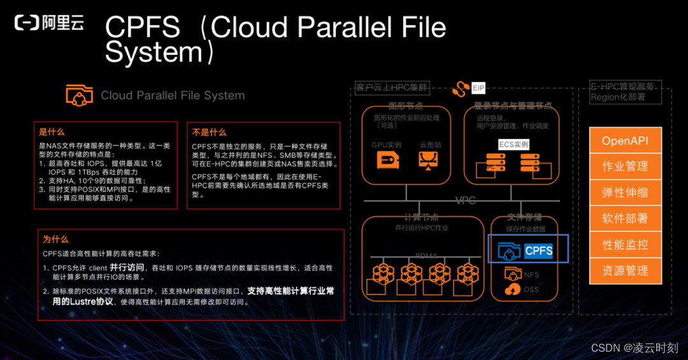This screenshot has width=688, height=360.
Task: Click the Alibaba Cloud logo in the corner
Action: coord(49,24)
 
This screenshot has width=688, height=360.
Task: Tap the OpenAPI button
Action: coord(625,140)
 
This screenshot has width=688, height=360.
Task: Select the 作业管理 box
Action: coord(625,166)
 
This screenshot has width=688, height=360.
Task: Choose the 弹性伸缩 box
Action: coord(625,192)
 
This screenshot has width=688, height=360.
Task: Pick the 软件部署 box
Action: coord(625,219)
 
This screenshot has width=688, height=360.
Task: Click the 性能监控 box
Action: coord(625,245)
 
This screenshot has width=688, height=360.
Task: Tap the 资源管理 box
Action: coord(625,271)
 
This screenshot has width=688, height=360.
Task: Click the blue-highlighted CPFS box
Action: coord(528,250)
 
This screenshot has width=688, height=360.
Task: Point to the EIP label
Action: coord(478,88)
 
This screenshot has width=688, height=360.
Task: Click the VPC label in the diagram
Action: coord(465,201)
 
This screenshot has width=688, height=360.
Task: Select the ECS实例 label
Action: coord(513,144)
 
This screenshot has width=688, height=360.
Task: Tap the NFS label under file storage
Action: coord(531,275)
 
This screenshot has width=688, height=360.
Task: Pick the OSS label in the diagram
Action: coord(531,289)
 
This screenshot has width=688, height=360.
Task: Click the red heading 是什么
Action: coord(52,133)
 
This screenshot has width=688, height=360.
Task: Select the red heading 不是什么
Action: coord(209,133)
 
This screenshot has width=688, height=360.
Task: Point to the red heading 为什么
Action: coord(55,240)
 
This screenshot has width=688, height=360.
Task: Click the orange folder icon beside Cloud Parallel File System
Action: coord(79,94)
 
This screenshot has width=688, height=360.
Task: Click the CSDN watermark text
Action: coord(634,347)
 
